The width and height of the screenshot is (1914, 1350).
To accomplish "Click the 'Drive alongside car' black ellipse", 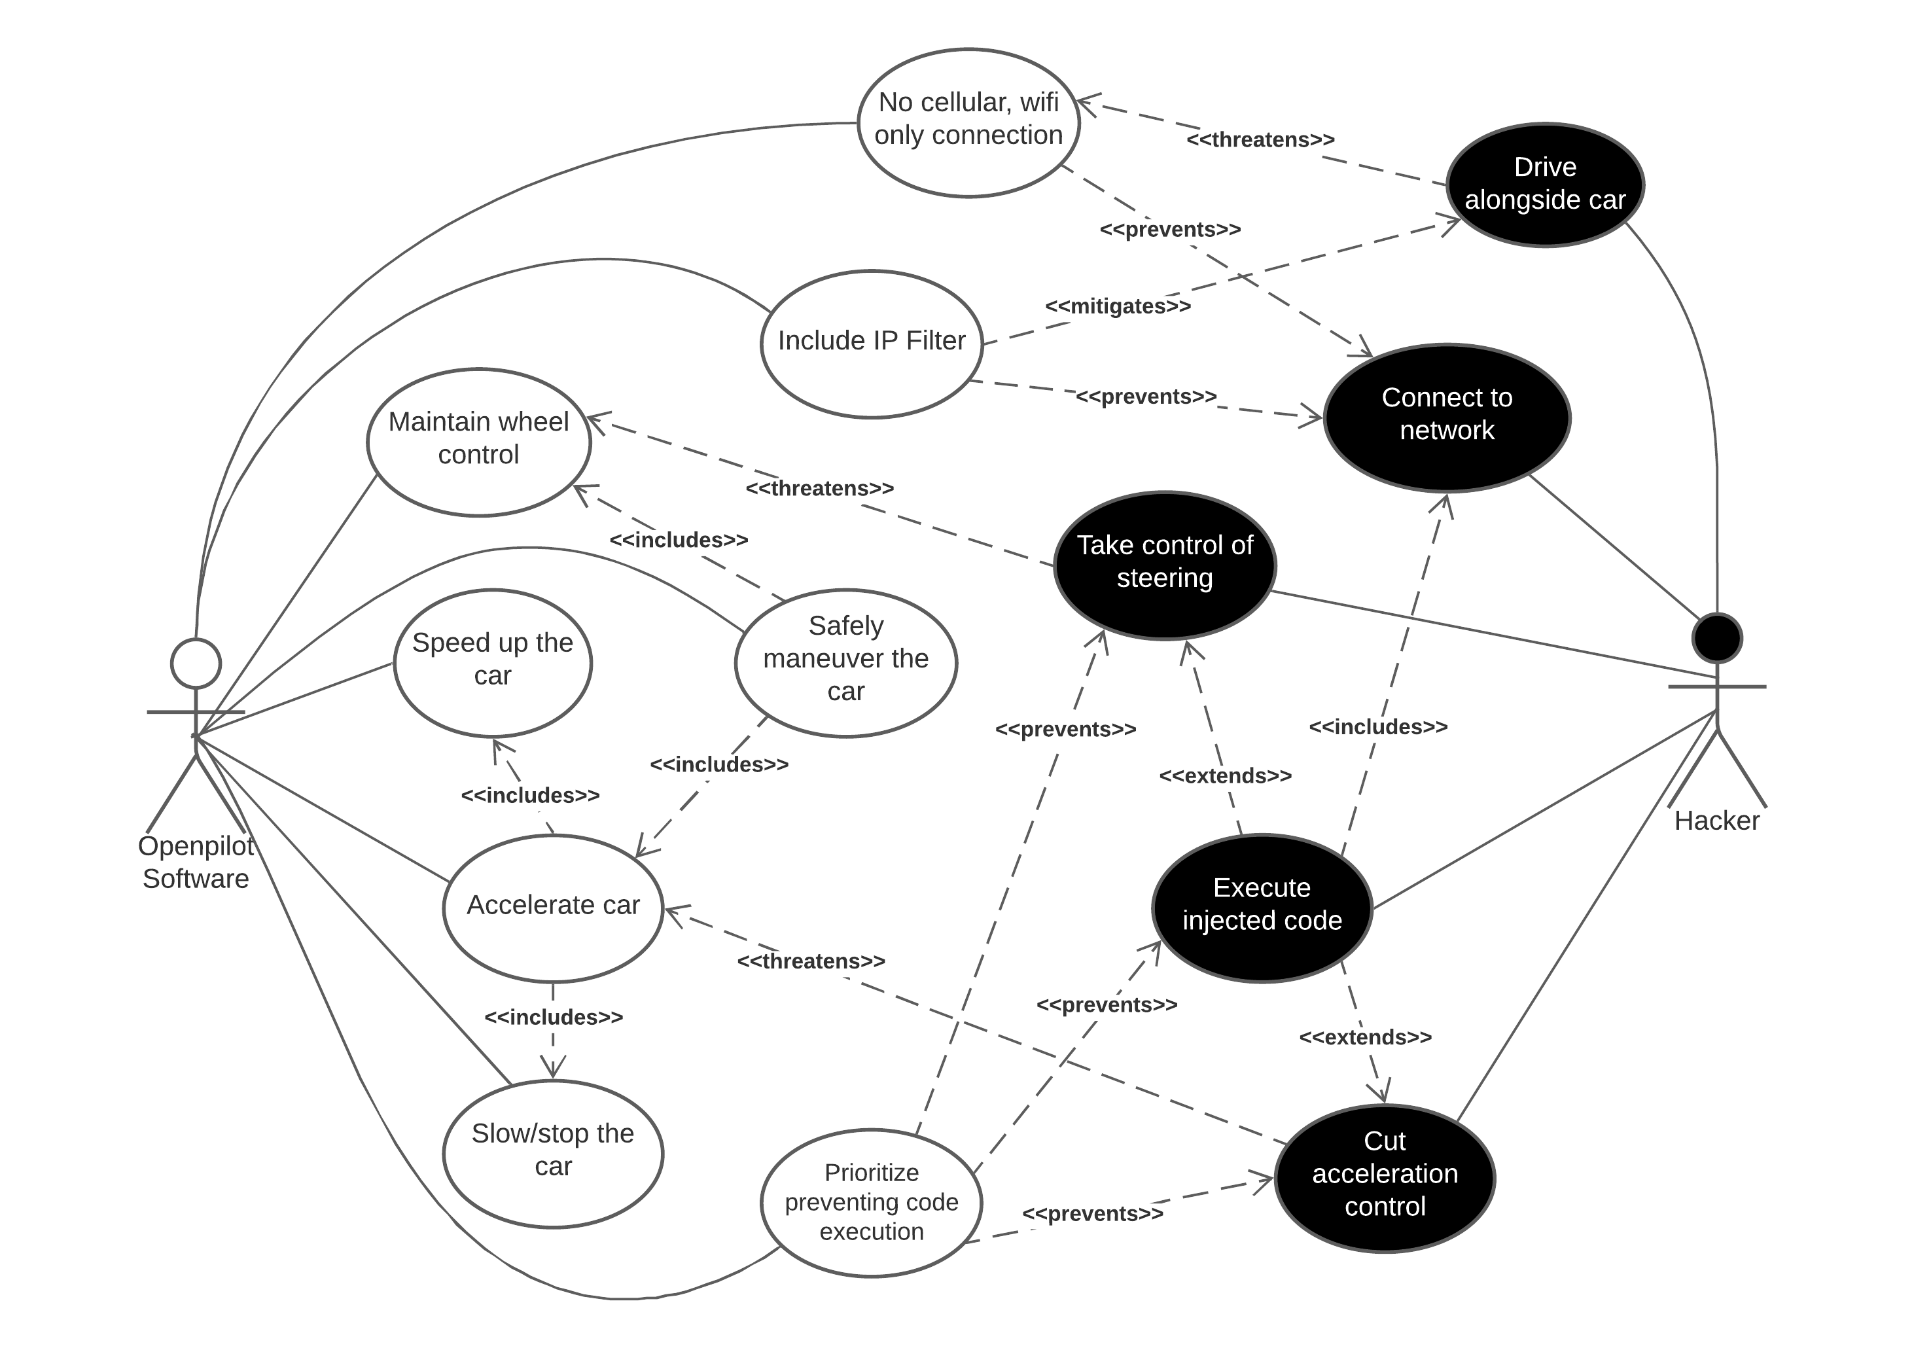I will tap(1545, 185).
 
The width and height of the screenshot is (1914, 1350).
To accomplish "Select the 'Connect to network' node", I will tap(1447, 417).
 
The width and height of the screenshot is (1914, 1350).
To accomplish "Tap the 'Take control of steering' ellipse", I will tap(1165, 565).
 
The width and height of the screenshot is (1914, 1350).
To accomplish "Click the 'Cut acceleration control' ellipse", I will tap(1385, 1177).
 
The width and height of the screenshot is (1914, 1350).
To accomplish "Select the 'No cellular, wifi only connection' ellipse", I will tap(968, 122).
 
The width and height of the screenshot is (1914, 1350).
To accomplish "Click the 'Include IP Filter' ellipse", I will tap(871, 343).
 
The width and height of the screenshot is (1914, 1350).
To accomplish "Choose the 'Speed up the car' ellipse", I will tap(492, 662).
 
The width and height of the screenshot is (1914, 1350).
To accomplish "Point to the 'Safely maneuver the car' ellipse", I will tap(845, 662).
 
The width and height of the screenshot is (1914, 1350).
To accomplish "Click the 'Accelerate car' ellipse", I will tap(553, 907).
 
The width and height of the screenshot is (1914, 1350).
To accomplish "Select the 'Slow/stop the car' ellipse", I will tap(553, 1152).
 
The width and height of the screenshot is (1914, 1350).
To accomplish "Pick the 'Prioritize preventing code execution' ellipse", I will tap(871, 1201).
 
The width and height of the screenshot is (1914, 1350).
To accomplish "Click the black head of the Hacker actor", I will tap(1716, 638).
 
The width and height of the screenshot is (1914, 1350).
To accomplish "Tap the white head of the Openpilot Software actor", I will tap(196, 663).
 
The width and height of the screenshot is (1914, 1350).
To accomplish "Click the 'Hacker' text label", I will tap(1716, 821).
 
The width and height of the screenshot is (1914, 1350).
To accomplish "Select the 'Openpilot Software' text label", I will tap(196, 861).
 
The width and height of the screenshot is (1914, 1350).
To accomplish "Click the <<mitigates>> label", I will tap(1118, 306).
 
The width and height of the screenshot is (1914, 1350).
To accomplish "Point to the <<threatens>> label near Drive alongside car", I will tap(1260, 139).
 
